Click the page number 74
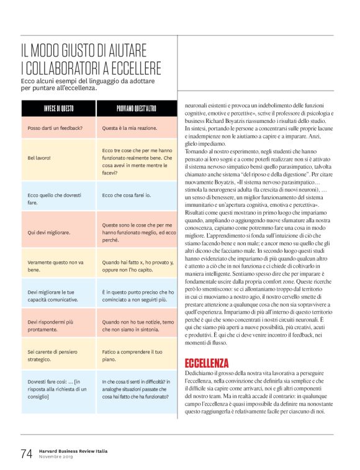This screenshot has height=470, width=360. click(27, 453)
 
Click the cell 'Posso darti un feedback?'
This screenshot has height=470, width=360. click(55, 128)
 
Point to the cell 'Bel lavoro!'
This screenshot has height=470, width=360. click(39, 158)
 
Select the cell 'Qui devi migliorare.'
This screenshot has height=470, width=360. click(49, 233)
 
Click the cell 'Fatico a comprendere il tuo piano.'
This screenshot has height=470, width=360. click(128, 355)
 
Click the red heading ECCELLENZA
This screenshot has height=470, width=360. click(207, 363)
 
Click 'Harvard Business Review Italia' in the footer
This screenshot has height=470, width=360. click(77, 450)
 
